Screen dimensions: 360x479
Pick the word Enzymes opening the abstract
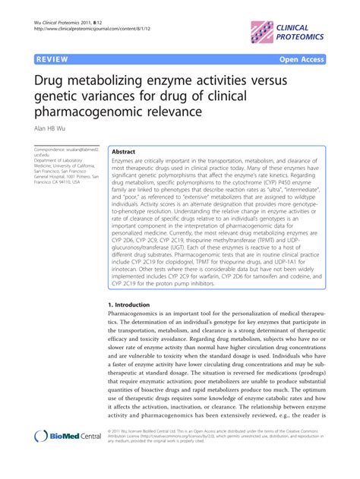click(124, 162)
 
